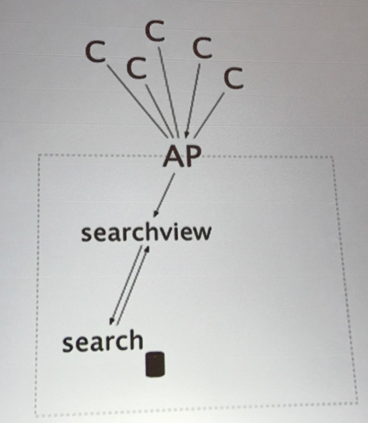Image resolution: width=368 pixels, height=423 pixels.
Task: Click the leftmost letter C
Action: click(x=95, y=52)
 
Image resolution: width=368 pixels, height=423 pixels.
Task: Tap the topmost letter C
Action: click(x=155, y=31)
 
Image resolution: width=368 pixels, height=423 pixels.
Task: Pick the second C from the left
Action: click(x=137, y=69)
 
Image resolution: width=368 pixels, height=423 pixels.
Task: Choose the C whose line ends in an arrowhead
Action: click(x=202, y=48)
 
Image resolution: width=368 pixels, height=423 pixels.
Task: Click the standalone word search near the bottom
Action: click(x=102, y=340)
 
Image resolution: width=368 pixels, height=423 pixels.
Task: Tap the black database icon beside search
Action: click(x=155, y=364)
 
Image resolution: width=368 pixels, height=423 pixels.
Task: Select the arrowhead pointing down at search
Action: click(x=111, y=321)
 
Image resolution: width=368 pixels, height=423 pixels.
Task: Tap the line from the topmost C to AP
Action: click(x=169, y=92)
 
